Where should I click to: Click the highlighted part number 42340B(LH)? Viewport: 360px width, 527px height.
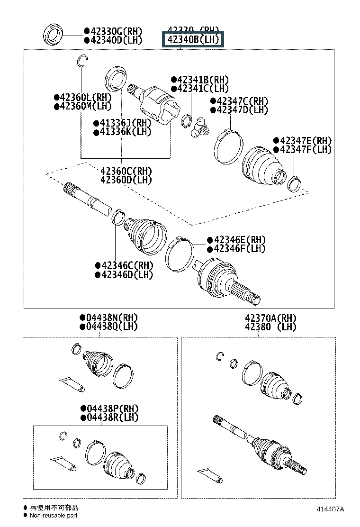tap(192, 40)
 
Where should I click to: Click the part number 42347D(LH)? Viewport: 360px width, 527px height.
tap(242, 110)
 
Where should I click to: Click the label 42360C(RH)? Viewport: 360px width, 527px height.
tap(126, 171)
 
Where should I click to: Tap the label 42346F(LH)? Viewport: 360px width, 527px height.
tap(239, 248)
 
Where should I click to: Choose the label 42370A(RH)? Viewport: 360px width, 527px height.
tap(270, 317)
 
